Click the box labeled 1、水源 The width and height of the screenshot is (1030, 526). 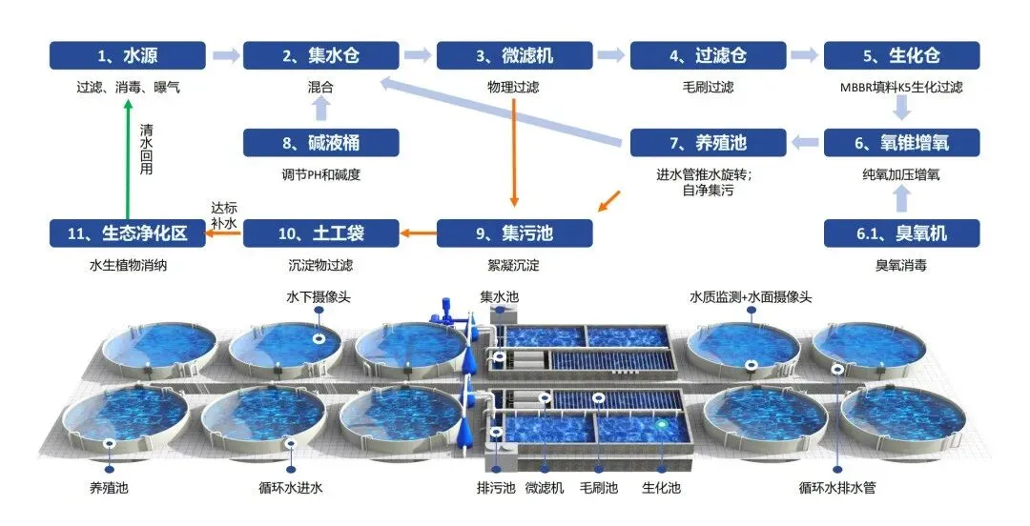128,55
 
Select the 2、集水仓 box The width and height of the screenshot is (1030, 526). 320,55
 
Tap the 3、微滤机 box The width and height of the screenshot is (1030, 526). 514,55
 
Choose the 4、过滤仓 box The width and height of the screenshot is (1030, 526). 708,55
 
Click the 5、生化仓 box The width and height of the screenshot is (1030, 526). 901,55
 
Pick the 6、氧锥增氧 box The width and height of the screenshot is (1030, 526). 901,143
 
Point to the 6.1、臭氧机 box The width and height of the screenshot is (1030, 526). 901,233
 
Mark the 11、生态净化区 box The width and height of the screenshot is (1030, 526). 128,233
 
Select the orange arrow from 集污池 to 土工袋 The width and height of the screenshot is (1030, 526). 418,233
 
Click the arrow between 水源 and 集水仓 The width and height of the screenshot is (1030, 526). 225,55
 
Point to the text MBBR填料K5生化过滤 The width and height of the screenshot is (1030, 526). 901,87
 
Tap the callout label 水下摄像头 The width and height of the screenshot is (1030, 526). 319,297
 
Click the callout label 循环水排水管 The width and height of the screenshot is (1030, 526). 836,489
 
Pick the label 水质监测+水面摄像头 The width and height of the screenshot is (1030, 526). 751,297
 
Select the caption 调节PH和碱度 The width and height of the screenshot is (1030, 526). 320,174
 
